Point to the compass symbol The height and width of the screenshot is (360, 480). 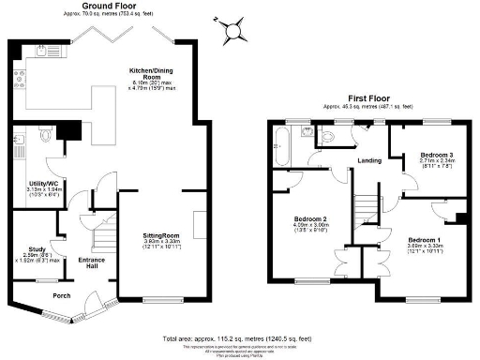(x=232, y=32)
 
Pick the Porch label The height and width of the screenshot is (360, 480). (x=62, y=296)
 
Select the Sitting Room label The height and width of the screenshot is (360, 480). (x=161, y=235)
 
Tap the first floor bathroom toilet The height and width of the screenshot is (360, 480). (x=326, y=137)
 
